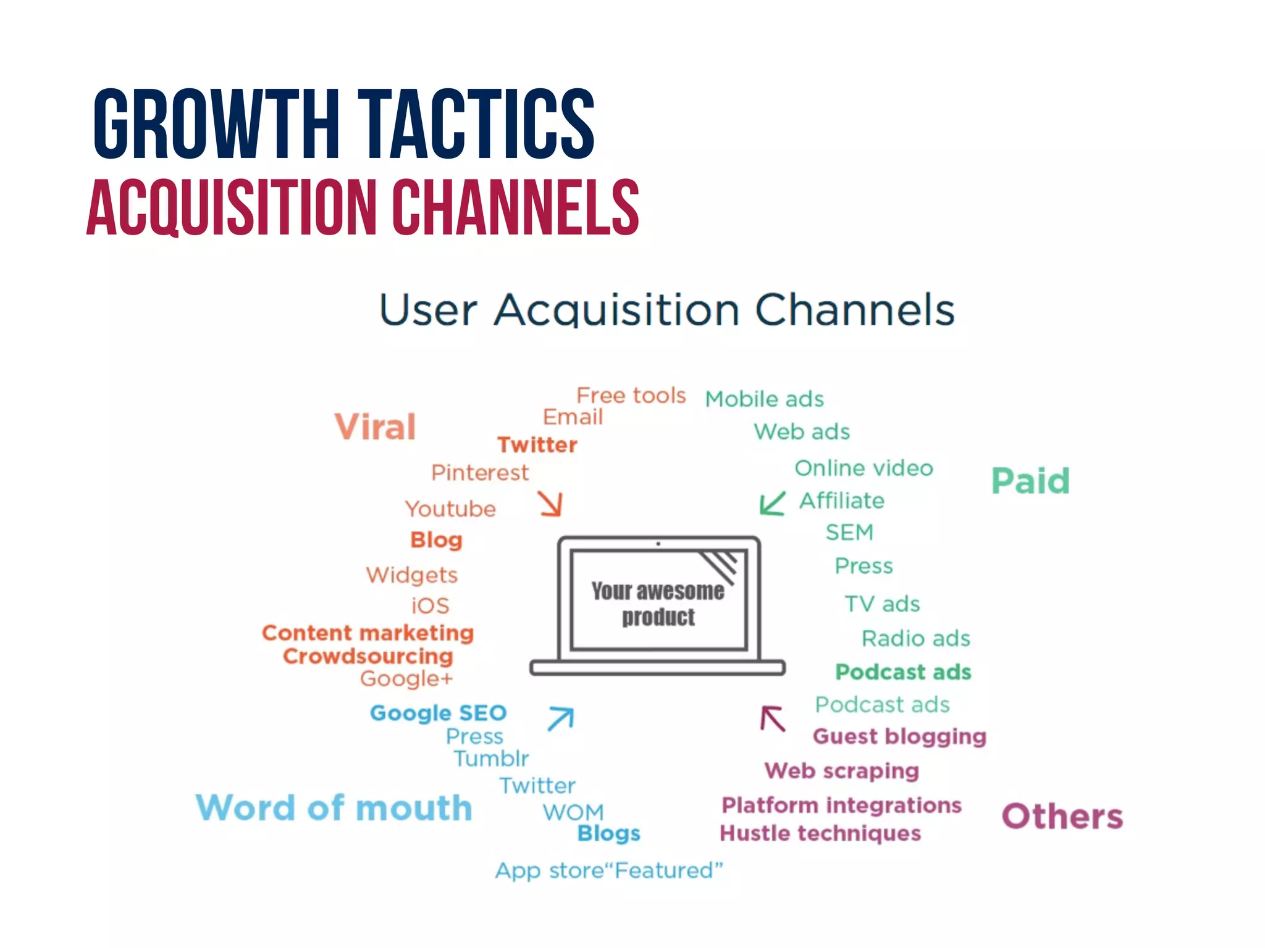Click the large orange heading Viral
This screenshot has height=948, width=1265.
click(375, 427)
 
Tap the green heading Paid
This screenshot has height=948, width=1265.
click(1030, 481)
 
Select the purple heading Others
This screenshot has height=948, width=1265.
click(1062, 817)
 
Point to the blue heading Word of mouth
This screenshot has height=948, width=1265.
click(334, 808)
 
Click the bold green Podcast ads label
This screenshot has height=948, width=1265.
click(903, 672)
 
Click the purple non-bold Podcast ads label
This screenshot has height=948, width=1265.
click(882, 705)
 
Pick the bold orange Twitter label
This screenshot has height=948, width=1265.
click(537, 445)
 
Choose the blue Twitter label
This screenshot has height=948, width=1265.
click(537, 786)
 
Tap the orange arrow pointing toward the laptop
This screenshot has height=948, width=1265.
click(550, 504)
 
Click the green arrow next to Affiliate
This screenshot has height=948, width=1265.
click(772, 503)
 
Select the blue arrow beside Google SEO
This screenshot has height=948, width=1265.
click(561, 718)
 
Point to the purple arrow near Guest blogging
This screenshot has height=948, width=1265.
click(773, 719)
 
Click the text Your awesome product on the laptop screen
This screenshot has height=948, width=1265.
click(658, 604)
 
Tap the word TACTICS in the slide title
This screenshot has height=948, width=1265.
click(476, 123)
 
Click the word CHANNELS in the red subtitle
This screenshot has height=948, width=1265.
click(516, 207)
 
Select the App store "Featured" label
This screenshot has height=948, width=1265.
click(608, 871)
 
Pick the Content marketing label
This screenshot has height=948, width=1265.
click(368, 633)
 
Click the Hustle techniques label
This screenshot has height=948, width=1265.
click(820, 834)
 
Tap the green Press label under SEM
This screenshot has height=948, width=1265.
click(864, 566)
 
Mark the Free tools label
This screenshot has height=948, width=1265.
click(631, 395)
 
